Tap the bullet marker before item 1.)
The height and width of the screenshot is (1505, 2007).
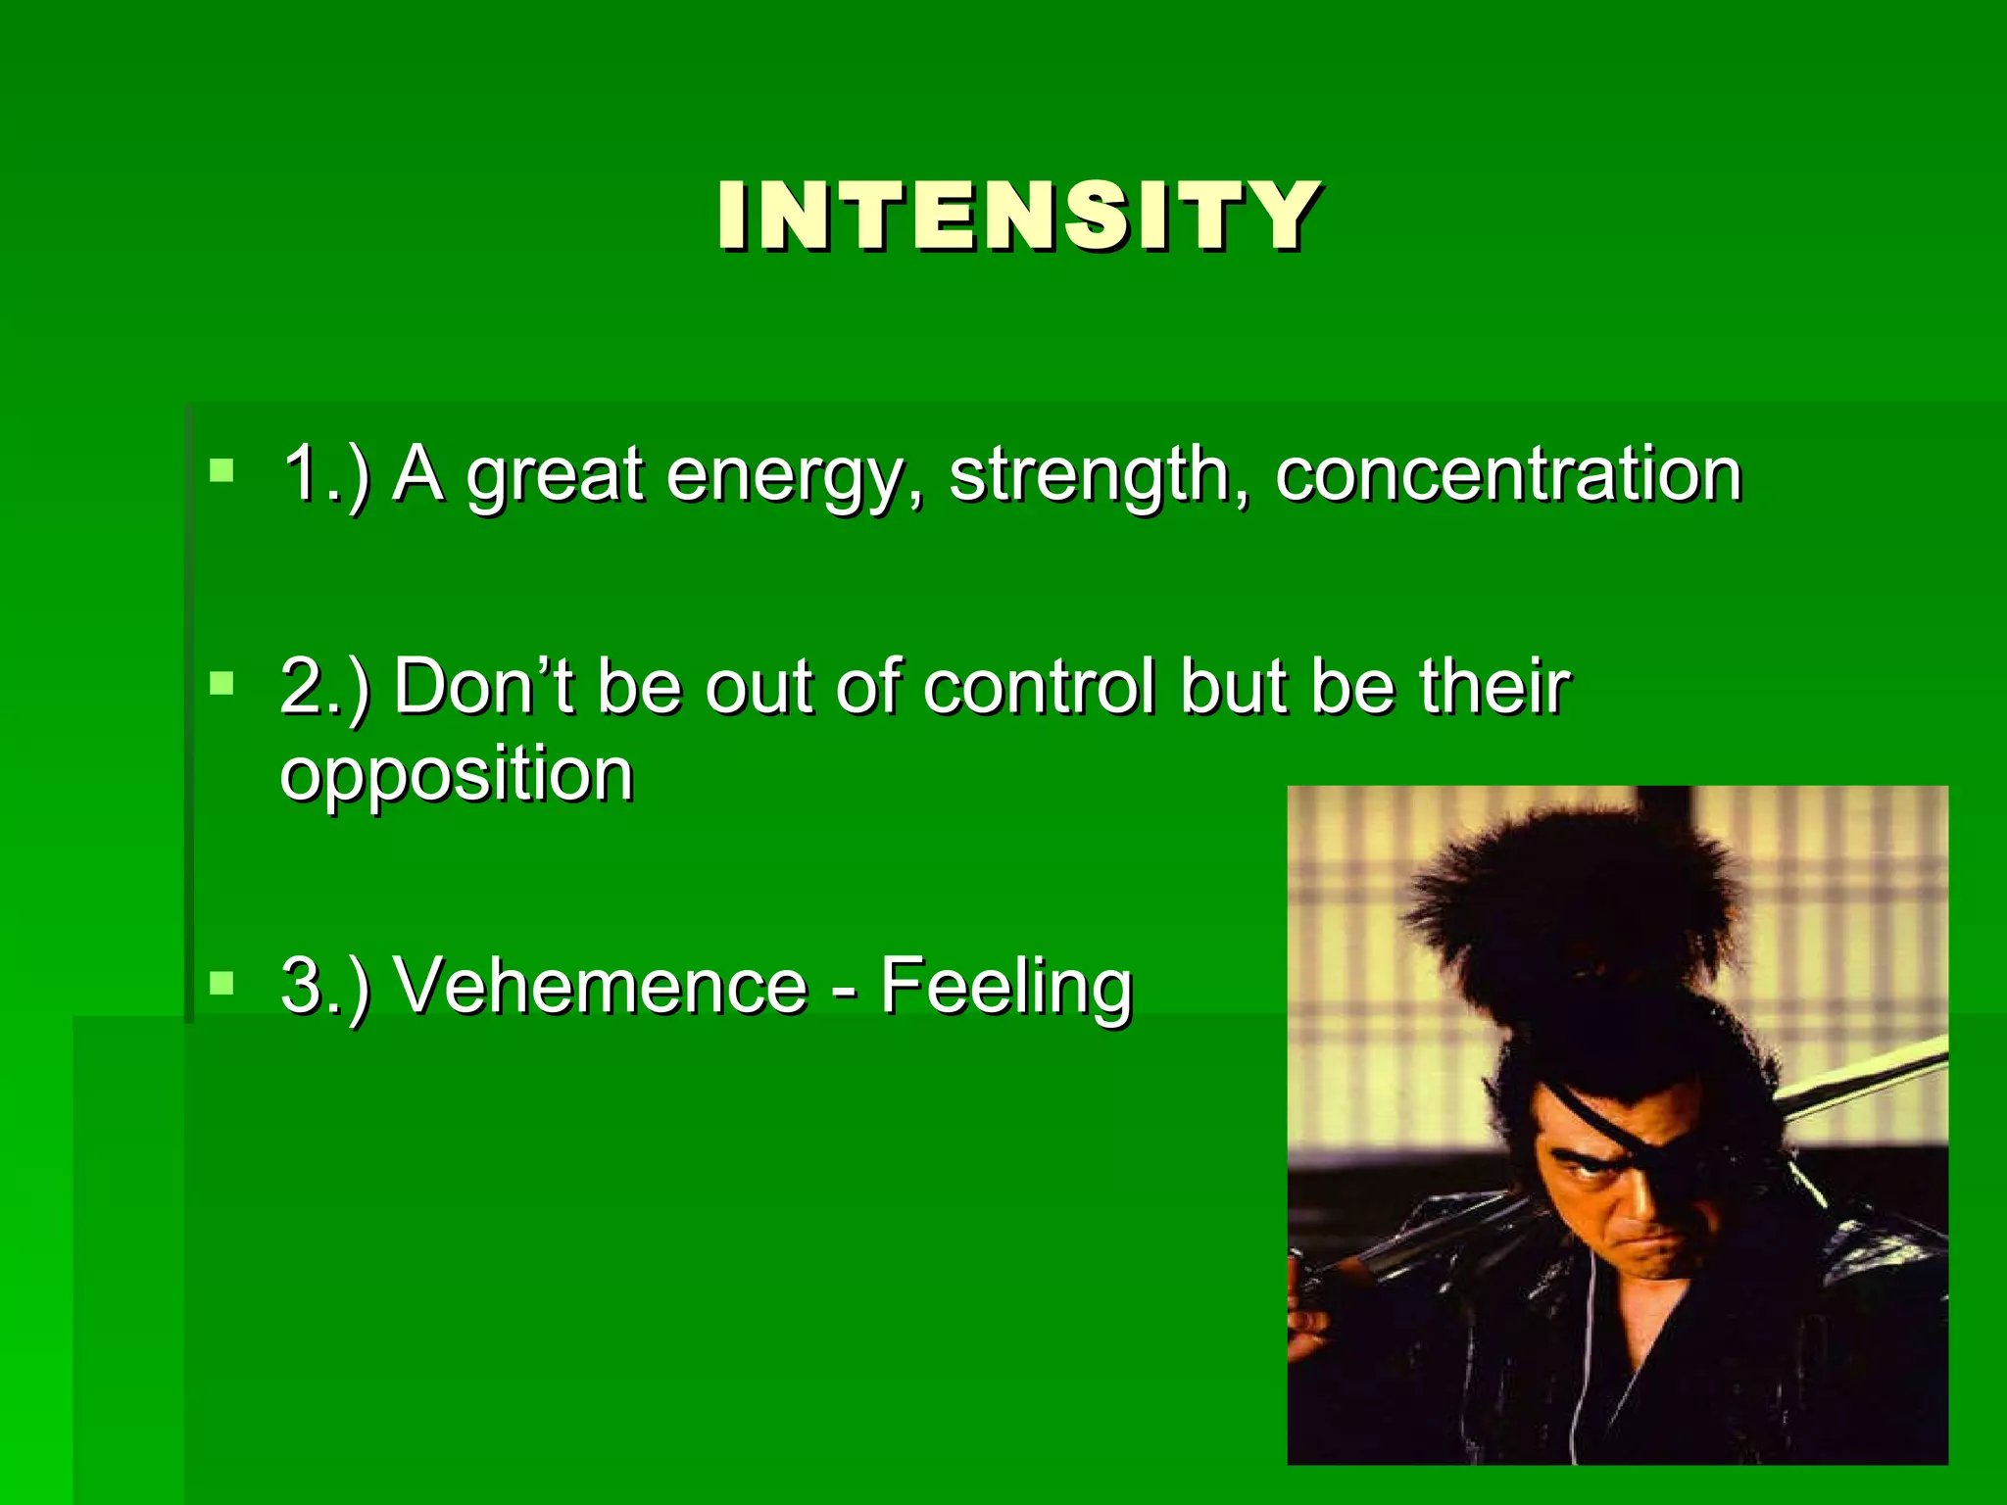pos(222,471)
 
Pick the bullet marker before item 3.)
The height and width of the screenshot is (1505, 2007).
pos(222,983)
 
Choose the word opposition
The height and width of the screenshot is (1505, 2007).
pos(457,777)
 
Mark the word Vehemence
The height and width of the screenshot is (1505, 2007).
pos(600,985)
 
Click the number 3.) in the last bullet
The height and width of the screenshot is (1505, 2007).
pos(324,985)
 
